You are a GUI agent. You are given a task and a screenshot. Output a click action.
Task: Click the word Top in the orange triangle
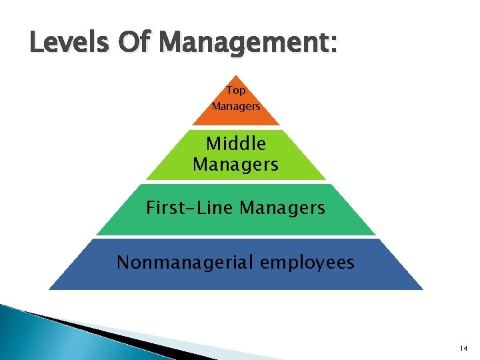coord(236,90)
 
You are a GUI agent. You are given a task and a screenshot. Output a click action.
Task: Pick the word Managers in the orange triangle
coord(236,106)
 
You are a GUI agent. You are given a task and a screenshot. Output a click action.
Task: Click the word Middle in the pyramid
coord(236,144)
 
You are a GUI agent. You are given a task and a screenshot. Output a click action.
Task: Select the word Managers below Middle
coord(236,164)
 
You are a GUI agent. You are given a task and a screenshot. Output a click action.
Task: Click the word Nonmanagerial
coord(185,263)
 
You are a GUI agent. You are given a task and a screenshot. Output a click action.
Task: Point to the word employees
coord(307,263)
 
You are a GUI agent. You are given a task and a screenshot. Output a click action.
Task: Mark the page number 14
coord(464,349)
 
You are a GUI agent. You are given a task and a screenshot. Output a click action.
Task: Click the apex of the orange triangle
coord(236,75)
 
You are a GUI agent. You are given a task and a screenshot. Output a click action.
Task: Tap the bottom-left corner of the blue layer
coord(50,289)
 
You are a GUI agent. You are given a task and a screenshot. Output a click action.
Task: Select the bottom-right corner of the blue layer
coord(422,289)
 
